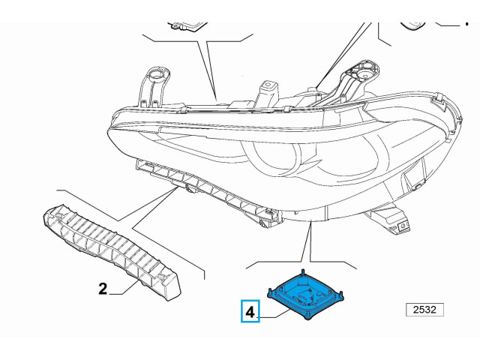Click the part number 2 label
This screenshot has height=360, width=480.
pyautogui.click(x=103, y=287)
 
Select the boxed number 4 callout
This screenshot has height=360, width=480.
pyautogui.click(x=250, y=310)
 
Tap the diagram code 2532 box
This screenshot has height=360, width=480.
pyautogui.click(x=424, y=310)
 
